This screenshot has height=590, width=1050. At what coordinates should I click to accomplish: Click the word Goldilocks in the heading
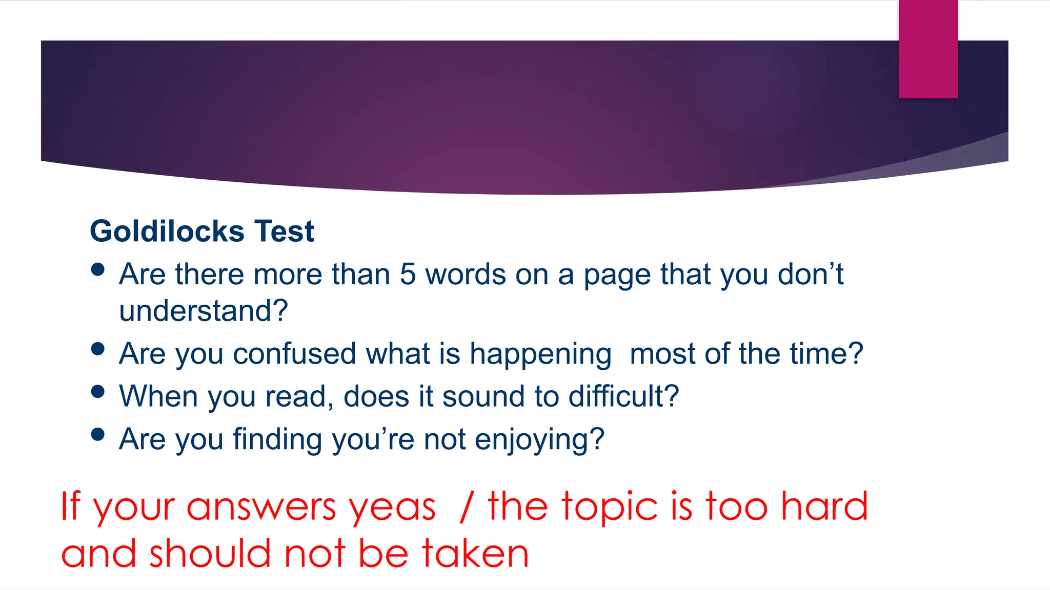[x=167, y=231]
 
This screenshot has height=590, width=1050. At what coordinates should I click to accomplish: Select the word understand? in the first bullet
[x=204, y=311]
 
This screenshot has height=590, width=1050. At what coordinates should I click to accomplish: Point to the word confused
[x=294, y=354]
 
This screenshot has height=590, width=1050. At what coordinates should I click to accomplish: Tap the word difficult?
[x=623, y=396]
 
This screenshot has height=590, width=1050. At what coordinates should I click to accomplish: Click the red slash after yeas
[x=466, y=507]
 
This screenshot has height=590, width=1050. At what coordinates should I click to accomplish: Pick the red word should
[x=210, y=554]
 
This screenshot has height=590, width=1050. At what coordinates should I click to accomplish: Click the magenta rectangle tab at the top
[x=928, y=49]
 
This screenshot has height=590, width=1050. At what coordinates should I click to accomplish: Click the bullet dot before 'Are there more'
[x=97, y=269]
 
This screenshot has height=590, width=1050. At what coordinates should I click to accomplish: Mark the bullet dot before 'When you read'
[x=97, y=392]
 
